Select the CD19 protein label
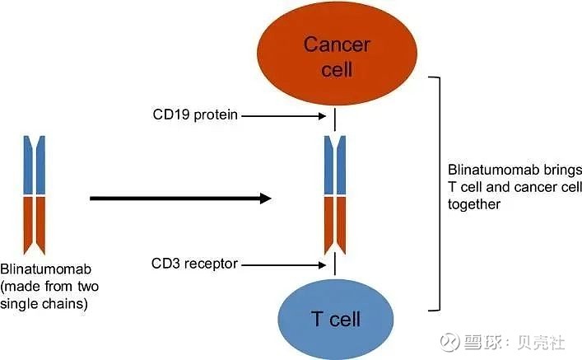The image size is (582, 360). (x=194, y=115)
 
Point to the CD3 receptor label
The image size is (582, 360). (x=194, y=264)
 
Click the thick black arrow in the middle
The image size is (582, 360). (x=179, y=198)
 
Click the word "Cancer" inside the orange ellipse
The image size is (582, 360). (x=337, y=44)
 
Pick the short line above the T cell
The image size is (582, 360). (x=336, y=264)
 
